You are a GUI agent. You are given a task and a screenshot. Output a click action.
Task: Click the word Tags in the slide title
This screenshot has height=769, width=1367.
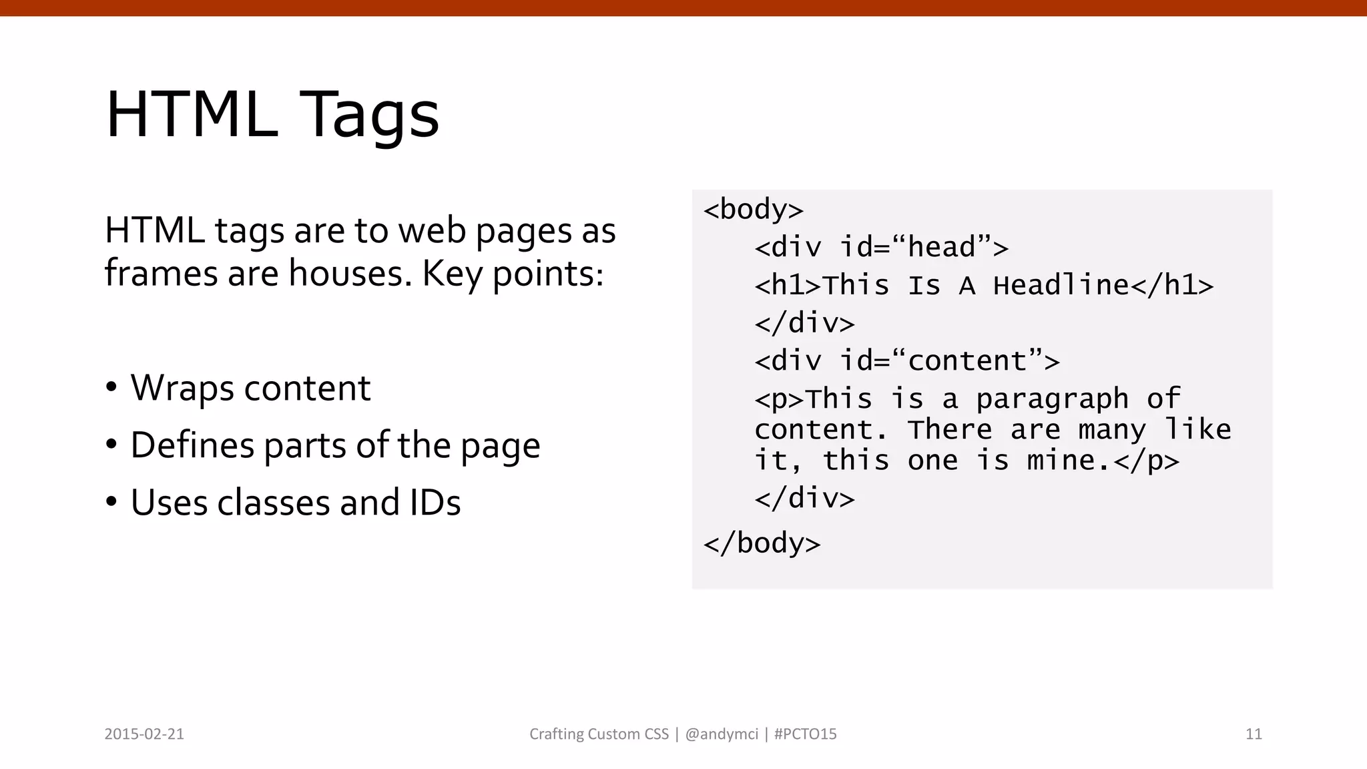coord(369,115)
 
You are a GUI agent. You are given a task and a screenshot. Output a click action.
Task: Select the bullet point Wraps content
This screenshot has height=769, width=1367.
coord(250,388)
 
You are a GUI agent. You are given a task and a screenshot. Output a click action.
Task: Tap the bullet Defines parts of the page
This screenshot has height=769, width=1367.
coord(335,445)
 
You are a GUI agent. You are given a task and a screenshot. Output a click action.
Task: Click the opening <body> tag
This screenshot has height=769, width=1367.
coord(753,210)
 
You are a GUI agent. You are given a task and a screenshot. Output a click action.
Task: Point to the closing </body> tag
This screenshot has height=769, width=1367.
coord(762,543)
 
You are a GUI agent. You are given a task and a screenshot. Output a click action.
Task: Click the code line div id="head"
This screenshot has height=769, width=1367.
coord(881,248)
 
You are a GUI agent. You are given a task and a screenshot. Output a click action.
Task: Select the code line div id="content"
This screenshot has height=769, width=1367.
coord(906,361)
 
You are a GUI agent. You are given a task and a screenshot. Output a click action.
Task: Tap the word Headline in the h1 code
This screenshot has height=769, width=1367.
coord(1061,286)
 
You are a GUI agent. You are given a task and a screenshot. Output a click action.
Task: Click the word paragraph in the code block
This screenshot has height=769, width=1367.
coord(1052,399)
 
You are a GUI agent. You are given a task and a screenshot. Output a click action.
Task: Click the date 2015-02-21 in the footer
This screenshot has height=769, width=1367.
coord(144,734)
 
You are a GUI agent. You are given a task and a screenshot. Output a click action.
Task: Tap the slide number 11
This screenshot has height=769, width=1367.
coord(1254,734)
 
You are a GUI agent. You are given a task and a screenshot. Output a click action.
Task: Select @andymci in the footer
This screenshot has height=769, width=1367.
coord(722,734)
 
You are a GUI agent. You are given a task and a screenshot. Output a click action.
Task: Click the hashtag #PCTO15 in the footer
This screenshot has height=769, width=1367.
coord(805,734)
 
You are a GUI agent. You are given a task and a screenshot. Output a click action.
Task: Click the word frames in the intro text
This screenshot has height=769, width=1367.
coord(161,273)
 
